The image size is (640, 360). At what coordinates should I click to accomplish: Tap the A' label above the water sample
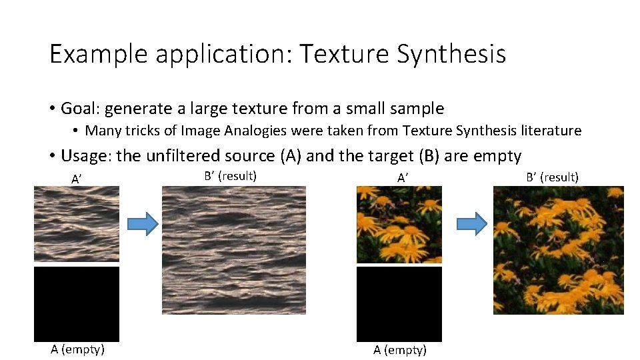(x=77, y=179)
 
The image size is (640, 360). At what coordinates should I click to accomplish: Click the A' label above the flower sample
(x=403, y=178)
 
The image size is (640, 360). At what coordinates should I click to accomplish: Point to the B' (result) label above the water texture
(x=230, y=176)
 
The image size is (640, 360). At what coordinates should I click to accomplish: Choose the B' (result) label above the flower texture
(x=552, y=177)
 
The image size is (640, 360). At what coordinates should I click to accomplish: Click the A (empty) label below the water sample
(x=77, y=349)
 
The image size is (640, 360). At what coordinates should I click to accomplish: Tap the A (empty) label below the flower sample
(x=400, y=350)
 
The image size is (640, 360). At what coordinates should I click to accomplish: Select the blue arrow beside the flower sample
(x=472, y=225)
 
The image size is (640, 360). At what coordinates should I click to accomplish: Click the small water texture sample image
(x=77, y=223)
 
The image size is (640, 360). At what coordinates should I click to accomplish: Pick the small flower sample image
(x=399, y=224)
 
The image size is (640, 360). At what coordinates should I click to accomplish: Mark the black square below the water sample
(x=77, y=304)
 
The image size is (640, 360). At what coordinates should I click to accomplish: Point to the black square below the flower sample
(x=399, y=304)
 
